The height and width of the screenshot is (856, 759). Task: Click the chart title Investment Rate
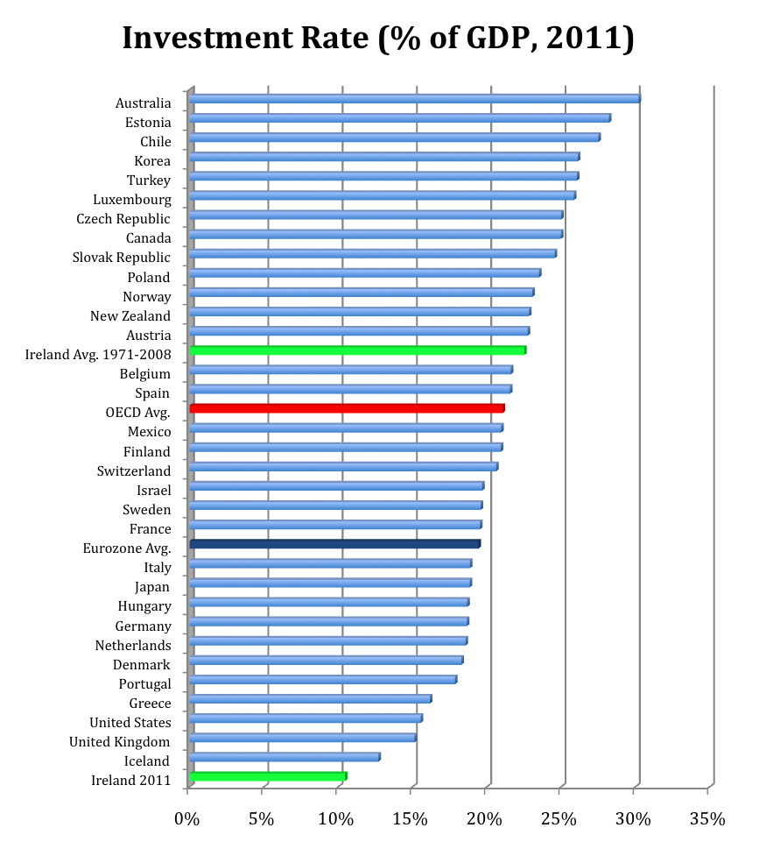coord(378,38)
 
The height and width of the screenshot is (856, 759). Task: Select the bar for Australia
coord(415,98)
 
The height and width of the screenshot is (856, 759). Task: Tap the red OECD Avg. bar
coord(347,408)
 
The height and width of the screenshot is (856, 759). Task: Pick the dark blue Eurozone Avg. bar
coord(334,544)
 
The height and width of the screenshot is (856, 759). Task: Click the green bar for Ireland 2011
coord(268,776)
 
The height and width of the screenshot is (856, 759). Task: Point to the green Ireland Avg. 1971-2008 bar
coord(357,350)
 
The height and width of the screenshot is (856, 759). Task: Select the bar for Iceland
coord(285,757)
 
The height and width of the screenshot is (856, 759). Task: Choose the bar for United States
coord(306,718)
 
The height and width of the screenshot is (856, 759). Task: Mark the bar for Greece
coord(310,699)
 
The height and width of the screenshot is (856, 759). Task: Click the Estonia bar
coord(399,117)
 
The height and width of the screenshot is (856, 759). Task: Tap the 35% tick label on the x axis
coord(707,820)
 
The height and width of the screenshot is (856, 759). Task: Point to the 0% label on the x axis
coord(188,820)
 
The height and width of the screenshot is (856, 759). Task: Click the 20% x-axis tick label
coord(485,820)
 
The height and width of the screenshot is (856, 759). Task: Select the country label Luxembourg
coord(132,200)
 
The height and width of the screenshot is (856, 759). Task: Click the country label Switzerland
coord(134,471)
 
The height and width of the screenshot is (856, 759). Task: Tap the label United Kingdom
coord(120,742)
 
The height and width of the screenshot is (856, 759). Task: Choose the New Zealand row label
coord(130,316)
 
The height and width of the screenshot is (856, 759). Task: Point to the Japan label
coord(152,587)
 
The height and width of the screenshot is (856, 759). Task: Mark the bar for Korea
coord(383,157)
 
